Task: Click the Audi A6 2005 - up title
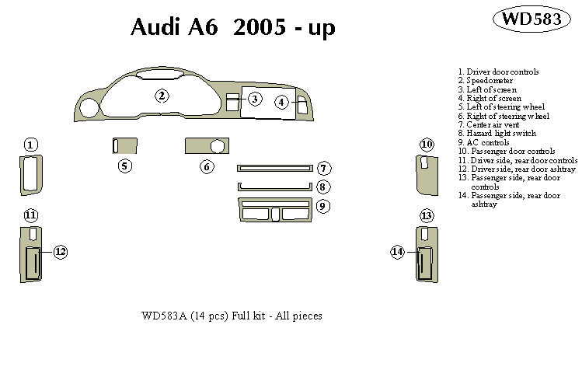[x=232, y=27]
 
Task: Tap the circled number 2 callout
[x=162, y=96]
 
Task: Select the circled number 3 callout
[x=255, y=99]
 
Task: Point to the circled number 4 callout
[x=281, y=102]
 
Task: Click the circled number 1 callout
[x=30, y=145]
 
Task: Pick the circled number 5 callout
[x=124, y=166]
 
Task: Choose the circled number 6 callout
[x=207, y=166]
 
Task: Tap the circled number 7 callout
[x=324, y=169]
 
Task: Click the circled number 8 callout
[x=324, y=187]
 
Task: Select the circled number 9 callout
[x=324, y=206]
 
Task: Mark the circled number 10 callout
[x=427, y=145]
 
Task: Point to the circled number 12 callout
[x=60, y=251]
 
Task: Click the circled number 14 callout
[x=398, y=251]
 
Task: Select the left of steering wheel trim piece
[x=124, y=146]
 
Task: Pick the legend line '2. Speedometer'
[x=485, y=81]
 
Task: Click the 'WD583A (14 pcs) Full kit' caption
[x=232, y=316]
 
